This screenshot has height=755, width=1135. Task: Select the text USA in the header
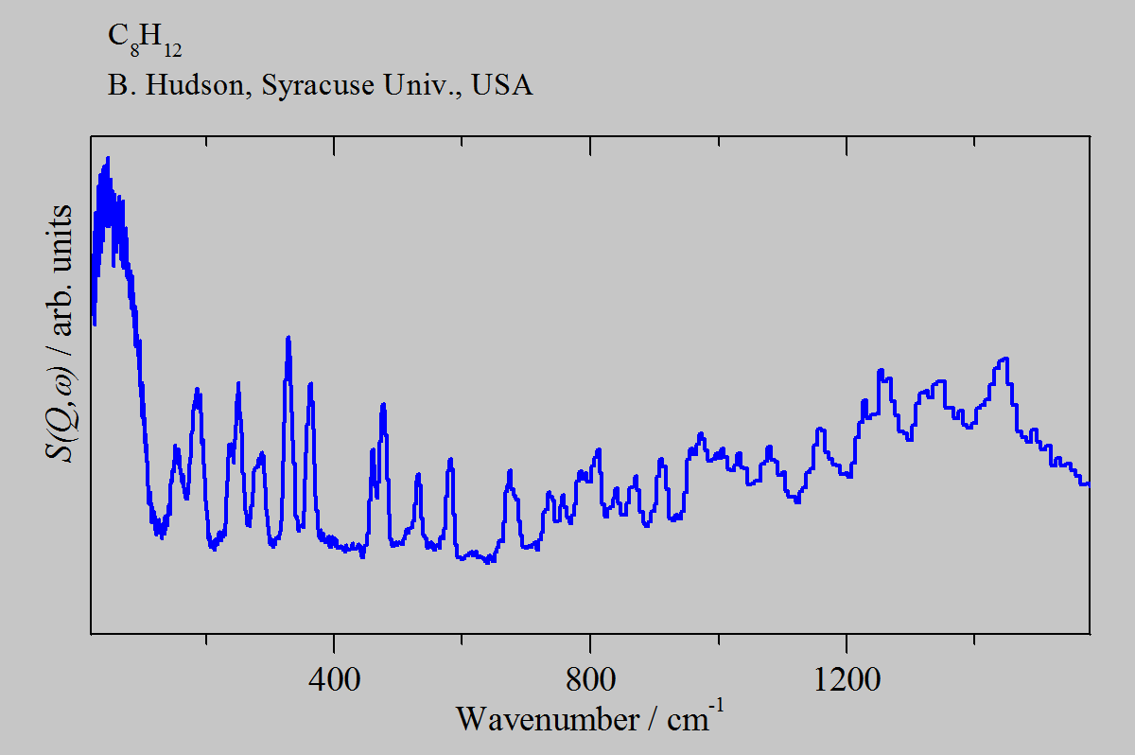502,86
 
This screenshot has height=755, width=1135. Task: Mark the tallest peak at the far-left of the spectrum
108,161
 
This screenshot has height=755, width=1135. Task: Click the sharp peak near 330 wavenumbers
288,339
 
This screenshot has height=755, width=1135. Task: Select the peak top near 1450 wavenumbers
1004,359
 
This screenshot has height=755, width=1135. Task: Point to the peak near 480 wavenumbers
383,405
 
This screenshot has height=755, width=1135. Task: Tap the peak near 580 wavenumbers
451,460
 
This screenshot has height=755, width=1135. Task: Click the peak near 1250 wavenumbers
881,371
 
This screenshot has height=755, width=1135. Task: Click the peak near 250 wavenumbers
238,384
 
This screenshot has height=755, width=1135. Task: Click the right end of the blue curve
1088,483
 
